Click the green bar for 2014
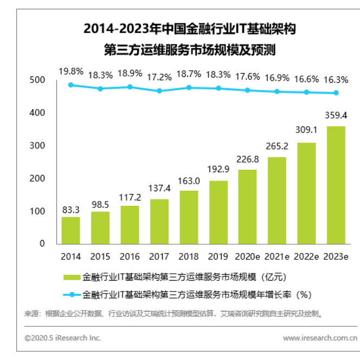[x=70, y=230]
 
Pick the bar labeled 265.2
[x=278, y=200]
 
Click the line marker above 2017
[x=159, y=91]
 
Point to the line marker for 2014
[x=70, y=85]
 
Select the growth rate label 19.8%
[x=70, y=71]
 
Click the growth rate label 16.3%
[x=337, y=79]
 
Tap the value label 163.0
[x=189, y=181]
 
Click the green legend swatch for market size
[x=70, y=277]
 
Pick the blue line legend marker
[x=70, y=295]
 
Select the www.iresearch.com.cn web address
[x=320, y=338]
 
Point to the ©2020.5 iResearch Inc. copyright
[x=63, y=338]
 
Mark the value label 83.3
[x=70, y=209]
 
